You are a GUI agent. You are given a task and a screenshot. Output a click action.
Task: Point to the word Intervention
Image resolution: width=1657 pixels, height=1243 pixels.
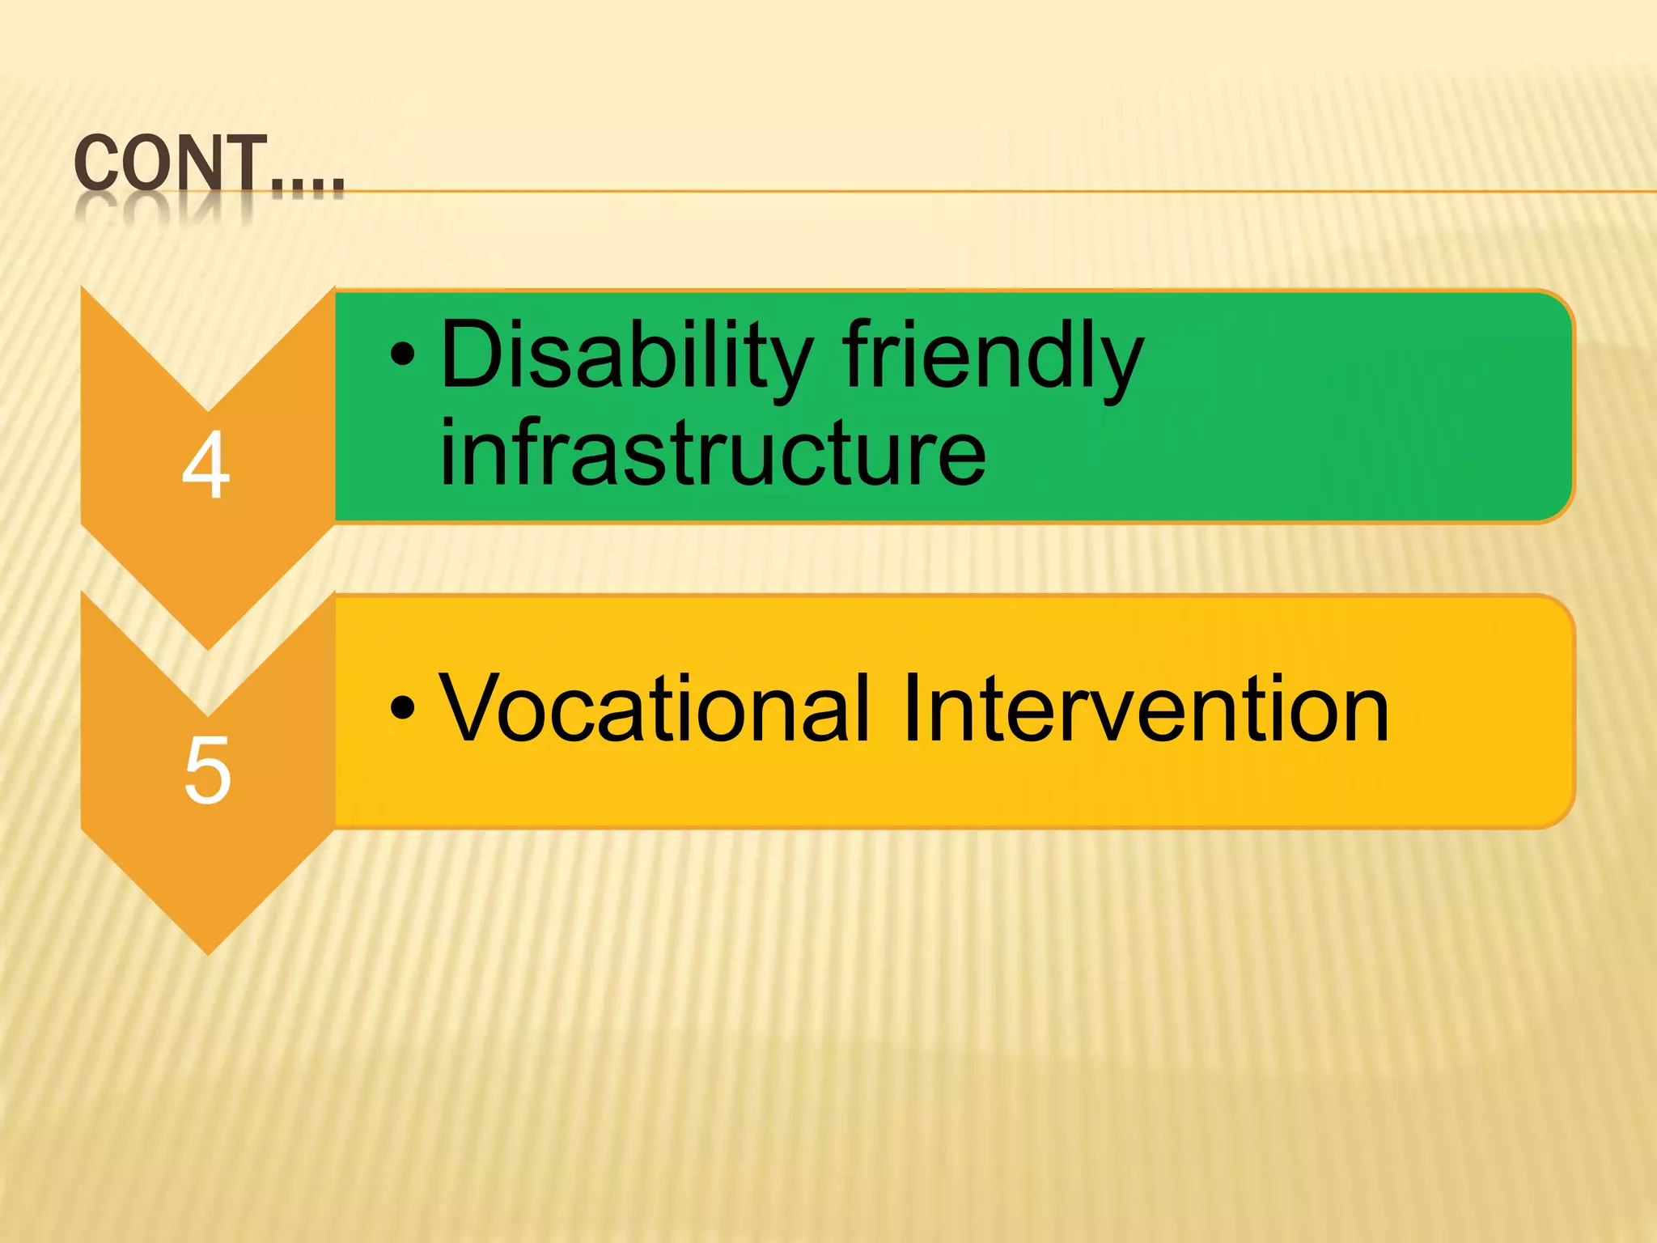(x=1144, y=709)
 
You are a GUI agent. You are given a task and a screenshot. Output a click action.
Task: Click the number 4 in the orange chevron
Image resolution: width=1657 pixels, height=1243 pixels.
(x=206, y=466)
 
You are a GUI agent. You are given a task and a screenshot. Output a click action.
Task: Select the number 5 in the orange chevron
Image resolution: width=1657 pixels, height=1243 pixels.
(x=208, y=771)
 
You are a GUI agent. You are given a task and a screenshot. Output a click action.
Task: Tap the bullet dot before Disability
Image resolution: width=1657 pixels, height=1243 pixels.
(x=402, y=354)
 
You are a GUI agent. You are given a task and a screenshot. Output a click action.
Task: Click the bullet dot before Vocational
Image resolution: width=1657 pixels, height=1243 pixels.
(x=402, y=707)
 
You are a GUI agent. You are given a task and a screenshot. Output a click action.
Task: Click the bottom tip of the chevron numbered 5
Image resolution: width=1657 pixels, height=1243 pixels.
(x=209, y=952)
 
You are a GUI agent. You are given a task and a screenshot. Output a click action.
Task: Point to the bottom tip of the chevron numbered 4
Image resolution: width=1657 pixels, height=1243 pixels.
(x=209, y=647)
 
